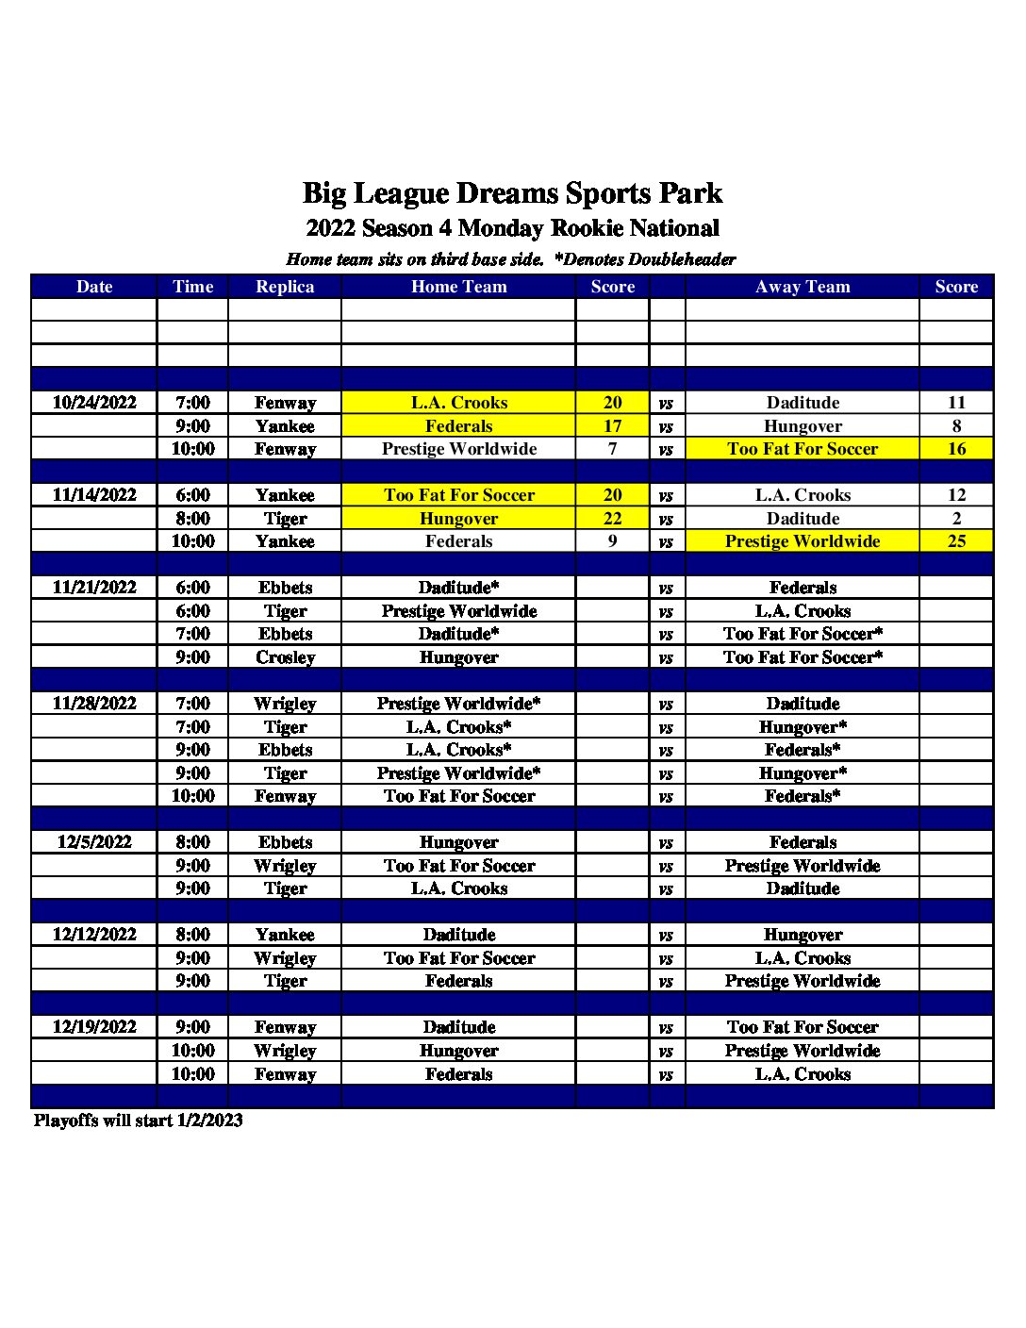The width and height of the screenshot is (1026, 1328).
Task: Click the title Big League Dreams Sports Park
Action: (x=512, y=193)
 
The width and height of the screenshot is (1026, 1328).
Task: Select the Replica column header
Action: (x=285, y=287)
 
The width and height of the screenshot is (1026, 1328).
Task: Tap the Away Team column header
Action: (x=803, y=287)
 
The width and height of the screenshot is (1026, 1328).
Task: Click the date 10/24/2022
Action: (x=94, y=403)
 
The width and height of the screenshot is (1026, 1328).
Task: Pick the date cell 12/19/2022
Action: (x=94, y=1027)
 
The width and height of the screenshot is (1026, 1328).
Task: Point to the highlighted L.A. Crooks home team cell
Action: (x=458, y=403)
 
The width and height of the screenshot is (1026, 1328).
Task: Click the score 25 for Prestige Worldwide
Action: (x=956, y=541)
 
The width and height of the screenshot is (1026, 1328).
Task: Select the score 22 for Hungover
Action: (x=612, y=519)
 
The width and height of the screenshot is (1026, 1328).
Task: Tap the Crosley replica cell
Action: (x=285, y=657)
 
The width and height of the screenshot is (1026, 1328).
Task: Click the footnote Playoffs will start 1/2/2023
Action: (x=139, y=1120)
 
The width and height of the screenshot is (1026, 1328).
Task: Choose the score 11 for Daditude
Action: (x=956, y=403)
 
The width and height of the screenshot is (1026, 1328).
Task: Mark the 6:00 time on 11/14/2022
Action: (x=192, y=495)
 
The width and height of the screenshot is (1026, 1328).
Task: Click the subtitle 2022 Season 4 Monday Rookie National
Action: (x=512, y=228)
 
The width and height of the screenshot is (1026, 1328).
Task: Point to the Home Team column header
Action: (x=458, y=287)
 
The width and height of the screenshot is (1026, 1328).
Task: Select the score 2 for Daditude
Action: (x=956, y=519)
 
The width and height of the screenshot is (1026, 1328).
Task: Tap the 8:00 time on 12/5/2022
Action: (x=192, y=842)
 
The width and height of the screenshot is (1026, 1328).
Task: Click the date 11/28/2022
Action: (x=94, y=704)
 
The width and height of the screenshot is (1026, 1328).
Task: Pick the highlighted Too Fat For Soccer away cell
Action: (x=803, y=449)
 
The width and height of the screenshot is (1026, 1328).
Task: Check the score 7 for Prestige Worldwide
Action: (x=612, y=449)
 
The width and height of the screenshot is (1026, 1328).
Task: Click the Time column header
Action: (x=192, y=287)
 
